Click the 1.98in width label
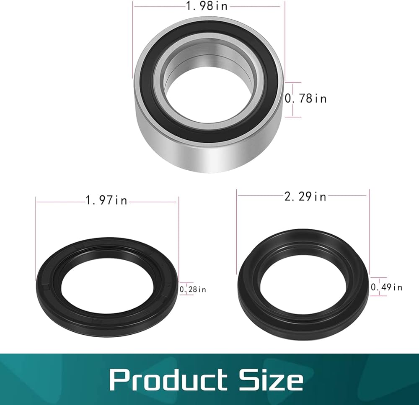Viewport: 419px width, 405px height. [207, 6]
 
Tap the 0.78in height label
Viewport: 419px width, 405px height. [306, 99]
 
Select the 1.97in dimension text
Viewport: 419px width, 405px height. [106, 200]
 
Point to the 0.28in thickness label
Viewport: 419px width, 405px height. [193, 290]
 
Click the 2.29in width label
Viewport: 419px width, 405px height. [305, 197]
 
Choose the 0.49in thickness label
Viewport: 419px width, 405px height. [386, 287]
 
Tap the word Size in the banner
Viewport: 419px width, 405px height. [271, 379]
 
